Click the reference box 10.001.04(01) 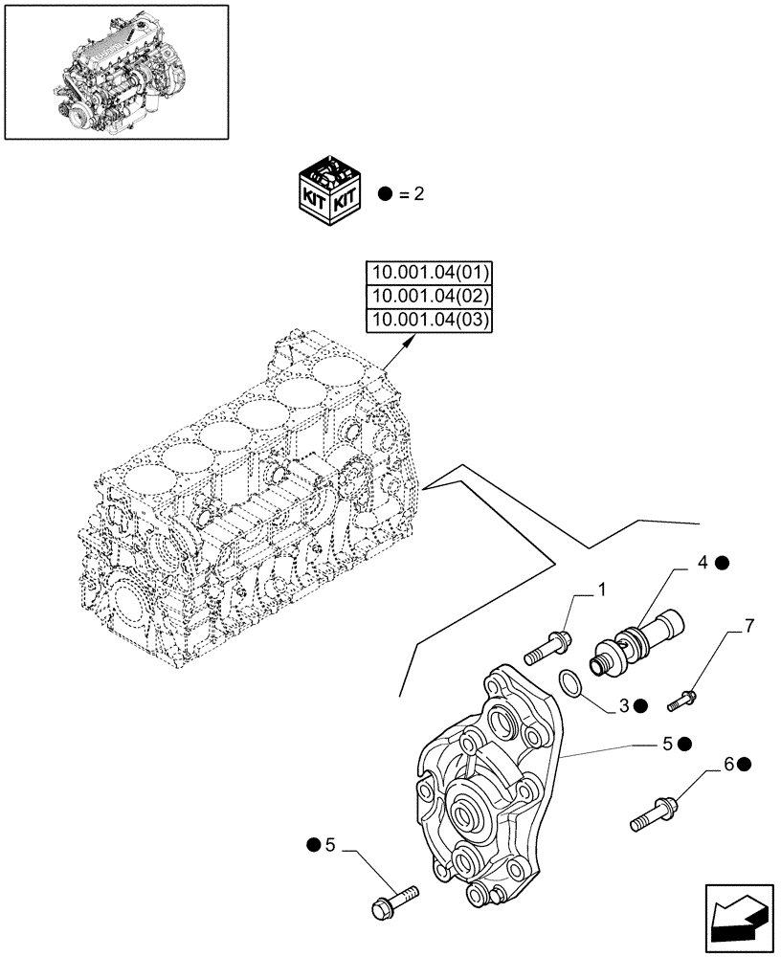point(428,273)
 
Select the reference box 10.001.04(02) point(428,297)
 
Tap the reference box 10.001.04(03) point(428,321)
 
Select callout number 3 point(623,705)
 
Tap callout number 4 point(703,564)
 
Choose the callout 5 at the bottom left point(329,844)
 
